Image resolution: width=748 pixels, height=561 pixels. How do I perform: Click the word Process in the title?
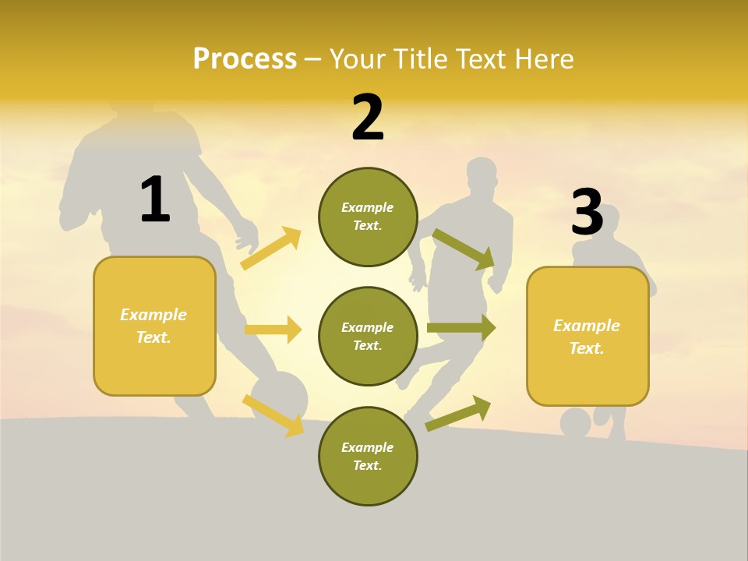245,58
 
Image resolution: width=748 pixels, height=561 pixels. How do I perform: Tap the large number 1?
154,199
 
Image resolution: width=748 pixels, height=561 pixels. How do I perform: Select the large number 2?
368,118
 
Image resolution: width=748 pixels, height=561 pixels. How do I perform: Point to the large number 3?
587,212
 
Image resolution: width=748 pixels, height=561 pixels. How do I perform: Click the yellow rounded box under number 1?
154,326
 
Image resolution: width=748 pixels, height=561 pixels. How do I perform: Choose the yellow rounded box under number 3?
587,336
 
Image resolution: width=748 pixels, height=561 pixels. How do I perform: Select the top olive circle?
368,217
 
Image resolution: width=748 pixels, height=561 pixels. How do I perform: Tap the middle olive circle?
368,336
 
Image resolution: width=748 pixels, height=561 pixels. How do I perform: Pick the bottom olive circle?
368,456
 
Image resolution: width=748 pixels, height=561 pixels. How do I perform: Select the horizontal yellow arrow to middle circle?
273,330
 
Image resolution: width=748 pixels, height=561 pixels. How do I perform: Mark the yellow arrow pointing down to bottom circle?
273,415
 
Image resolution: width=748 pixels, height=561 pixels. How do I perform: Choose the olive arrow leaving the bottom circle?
458,413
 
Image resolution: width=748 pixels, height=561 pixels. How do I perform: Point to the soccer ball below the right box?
576,423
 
